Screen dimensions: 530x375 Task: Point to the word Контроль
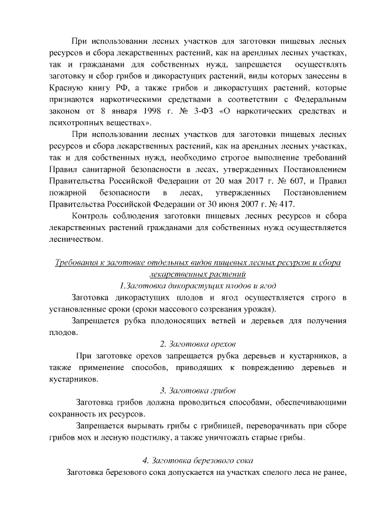tap(91, 216)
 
